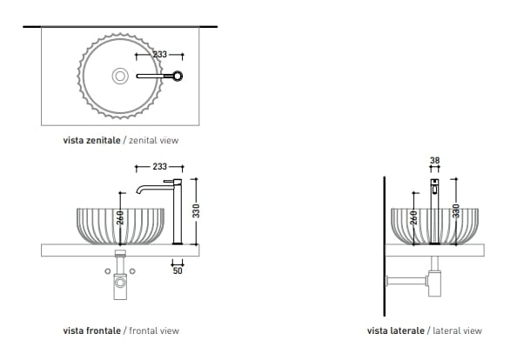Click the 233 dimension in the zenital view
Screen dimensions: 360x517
[x=159, y=54]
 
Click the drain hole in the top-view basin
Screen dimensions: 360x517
[x=119, y=77]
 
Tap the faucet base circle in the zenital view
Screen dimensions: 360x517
[x=179, y=77]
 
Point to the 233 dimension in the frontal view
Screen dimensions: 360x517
[x=158, y=167]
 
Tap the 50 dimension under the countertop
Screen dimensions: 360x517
[x=177, y=270]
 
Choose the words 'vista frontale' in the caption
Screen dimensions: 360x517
[x=91, y=330]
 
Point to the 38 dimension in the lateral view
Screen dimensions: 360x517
[x=433, y=160]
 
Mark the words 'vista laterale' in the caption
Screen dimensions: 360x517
[x=395, y=330]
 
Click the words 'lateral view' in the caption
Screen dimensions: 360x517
[x=457, y=330]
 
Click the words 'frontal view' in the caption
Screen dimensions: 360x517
[x=154, y=330]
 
